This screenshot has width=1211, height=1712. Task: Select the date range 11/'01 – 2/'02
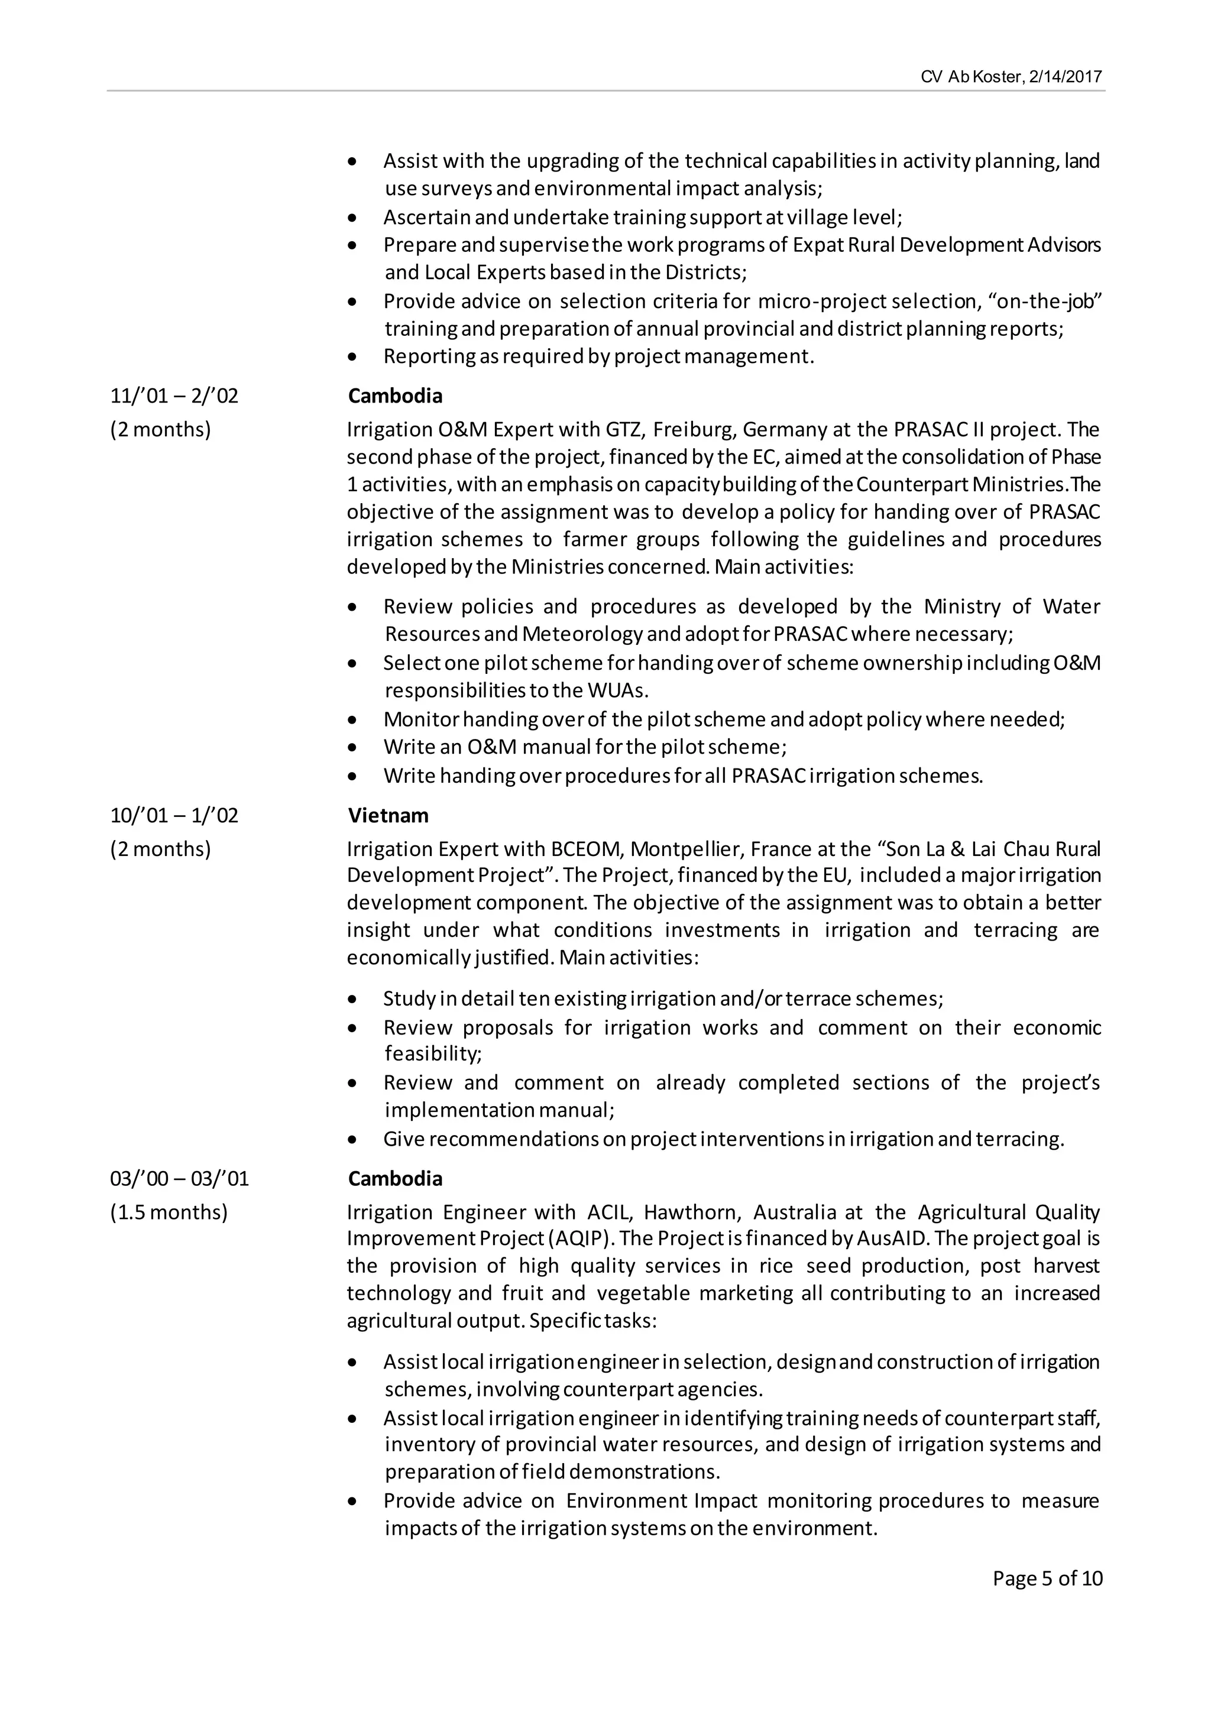click(174, 396)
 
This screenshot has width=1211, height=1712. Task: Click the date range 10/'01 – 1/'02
click(174, 815)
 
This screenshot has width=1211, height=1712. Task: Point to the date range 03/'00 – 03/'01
click(179, 1179)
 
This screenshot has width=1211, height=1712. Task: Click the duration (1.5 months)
click(169, 1212)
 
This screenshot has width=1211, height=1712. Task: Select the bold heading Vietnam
click(388, 815)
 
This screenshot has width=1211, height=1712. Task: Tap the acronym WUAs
click(618, 690)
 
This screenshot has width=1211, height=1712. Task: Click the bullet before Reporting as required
click(352, 358)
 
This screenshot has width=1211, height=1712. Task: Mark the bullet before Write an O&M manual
click(352, 748)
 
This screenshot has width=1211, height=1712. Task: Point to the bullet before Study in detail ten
click(352, 1000)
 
